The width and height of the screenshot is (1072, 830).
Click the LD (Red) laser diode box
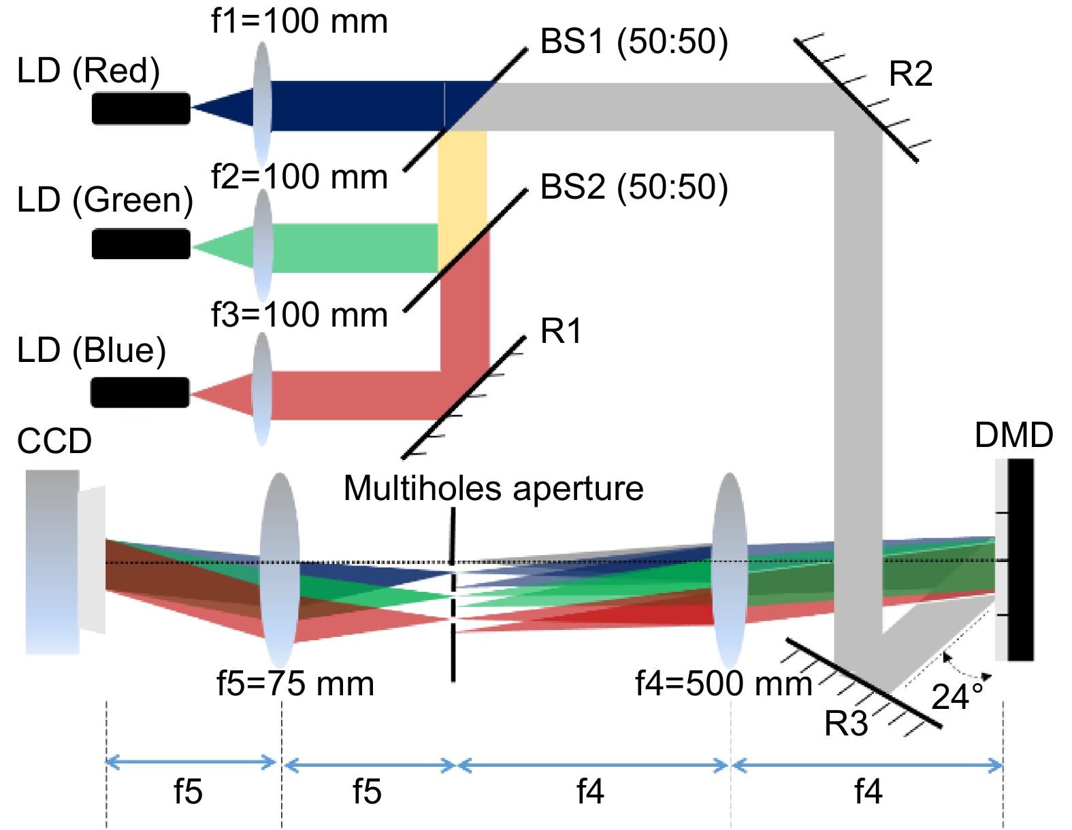(x=141, y=108)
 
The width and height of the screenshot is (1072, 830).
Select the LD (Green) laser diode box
(x=141, y=244)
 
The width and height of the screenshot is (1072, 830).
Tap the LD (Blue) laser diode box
(x=140, y=393)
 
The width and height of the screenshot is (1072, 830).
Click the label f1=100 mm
(x=299, y=22)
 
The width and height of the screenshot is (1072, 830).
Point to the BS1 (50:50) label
(x=634, y=42)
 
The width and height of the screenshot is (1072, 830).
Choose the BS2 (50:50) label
(x=634, y=188)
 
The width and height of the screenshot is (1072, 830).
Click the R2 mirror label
(x=910, y=74)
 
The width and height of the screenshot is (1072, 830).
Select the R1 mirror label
(x=561, y=332)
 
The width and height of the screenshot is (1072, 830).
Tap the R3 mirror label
(x=846, y=724)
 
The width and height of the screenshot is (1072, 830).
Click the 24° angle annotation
(x=957, y=697)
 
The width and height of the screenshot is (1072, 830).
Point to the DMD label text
(x=1013, y=435)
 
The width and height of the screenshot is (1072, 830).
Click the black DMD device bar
(x=1021, y=560)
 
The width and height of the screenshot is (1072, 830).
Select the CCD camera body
(x=52, y=562)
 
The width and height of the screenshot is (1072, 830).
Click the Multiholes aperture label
(x=493, y=488)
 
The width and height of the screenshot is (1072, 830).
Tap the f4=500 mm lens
(x=730, y=570)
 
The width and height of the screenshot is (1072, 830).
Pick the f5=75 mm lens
(x=280, y=570)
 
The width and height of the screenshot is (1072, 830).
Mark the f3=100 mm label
(x=299, y=315)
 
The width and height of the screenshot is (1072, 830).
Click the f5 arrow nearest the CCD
(x=191, y=763)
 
